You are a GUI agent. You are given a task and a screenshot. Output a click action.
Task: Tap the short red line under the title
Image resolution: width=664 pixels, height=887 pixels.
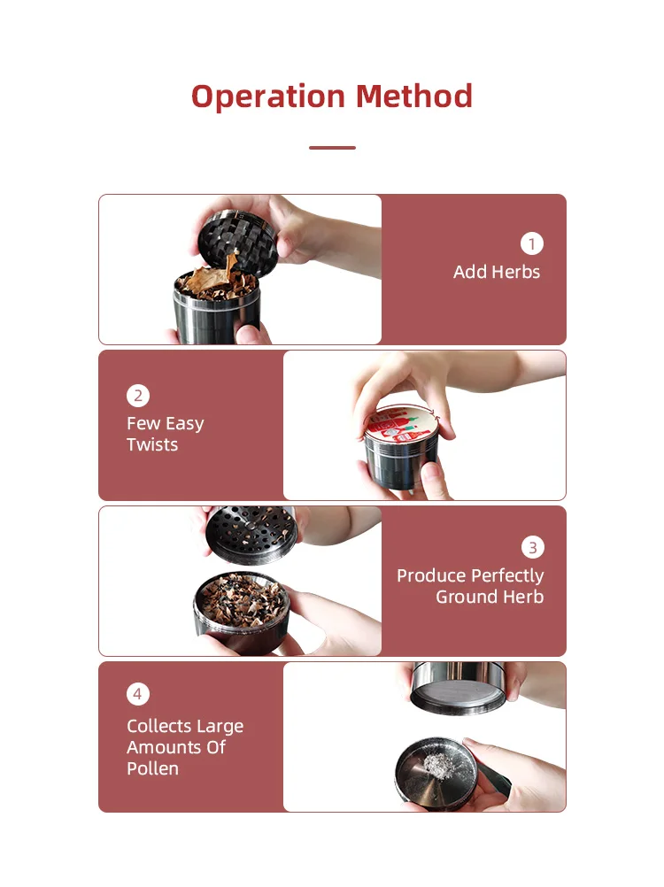(332, 148)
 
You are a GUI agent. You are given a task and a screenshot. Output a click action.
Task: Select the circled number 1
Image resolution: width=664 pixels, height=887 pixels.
(532, 243)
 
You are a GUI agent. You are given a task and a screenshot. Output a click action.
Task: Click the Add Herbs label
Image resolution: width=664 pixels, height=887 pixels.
(496, 272)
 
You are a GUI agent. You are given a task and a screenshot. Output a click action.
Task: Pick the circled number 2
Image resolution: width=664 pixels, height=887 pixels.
(137, 395)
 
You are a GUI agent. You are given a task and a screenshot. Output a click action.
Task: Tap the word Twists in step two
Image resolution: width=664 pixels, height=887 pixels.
(152, 444)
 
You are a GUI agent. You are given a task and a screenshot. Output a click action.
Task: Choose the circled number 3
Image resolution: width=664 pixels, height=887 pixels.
(532, 547)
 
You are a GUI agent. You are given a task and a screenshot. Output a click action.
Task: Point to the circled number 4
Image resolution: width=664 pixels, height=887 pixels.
(137, 694)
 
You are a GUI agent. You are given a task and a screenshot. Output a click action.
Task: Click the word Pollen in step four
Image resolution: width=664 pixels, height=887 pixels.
(152, 768)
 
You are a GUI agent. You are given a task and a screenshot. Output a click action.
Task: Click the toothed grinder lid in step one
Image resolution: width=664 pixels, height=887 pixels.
(234, 237)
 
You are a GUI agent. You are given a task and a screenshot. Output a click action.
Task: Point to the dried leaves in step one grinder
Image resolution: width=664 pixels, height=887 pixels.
(217, 282)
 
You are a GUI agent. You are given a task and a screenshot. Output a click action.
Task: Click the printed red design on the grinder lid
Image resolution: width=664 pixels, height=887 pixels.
(403, 424)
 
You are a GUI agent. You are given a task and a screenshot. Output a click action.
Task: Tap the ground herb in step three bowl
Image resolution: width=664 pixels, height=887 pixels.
(241, 600)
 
